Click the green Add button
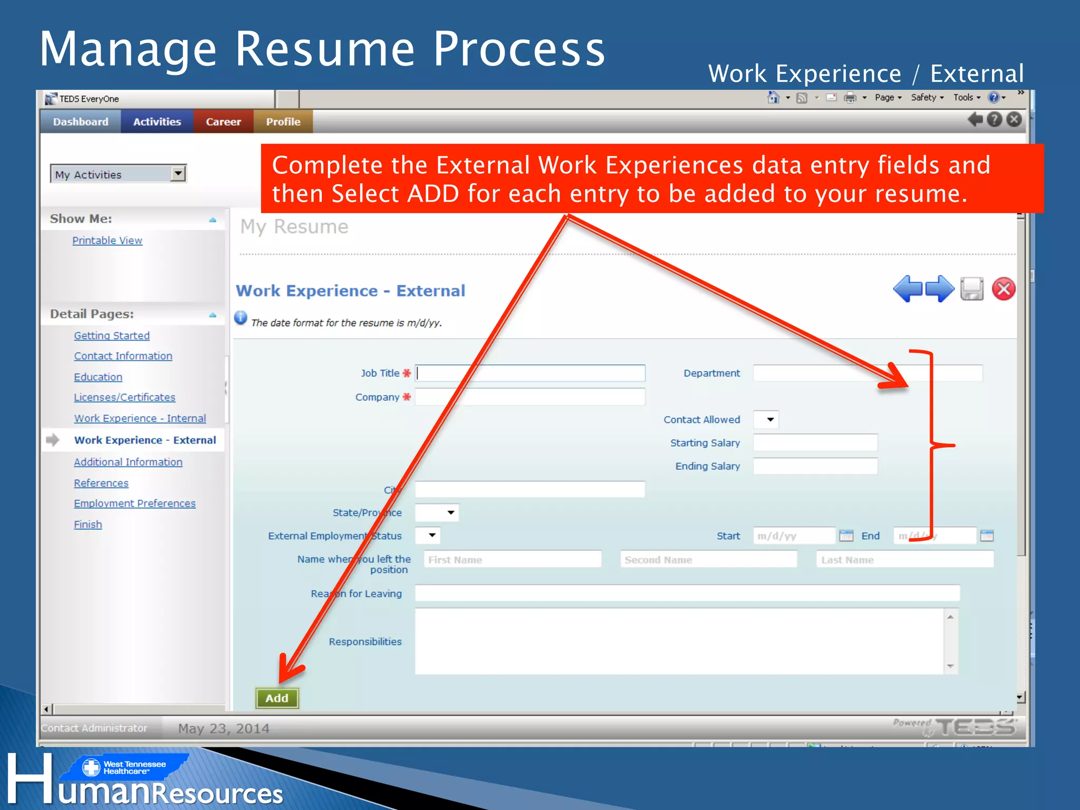tap(277, 698)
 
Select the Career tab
tap(223, 122)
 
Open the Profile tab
tap(283, 122)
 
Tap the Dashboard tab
tap(81, 122)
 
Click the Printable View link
tap(107, 240)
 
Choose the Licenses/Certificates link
tap(124, 397)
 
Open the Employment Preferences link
tap(134, 504)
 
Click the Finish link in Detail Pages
tap(88, 525)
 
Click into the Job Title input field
tap(530, 373)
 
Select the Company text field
tap(530, 397)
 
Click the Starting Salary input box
tap(815, 443)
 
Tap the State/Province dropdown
tap(437, 513)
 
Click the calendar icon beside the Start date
tap(846, 536)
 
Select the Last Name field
tap(905, 560)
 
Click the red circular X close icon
tap(1004, 289)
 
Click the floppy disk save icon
tap(972, 289)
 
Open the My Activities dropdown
tap(119, 174)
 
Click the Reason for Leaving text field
tap(687, 593)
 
